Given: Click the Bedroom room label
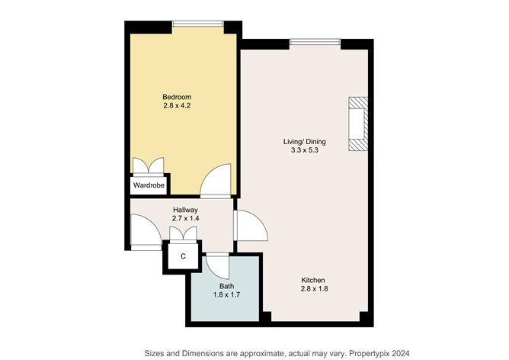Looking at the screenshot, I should click(177, 97).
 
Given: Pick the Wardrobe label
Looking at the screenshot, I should click(149, 185).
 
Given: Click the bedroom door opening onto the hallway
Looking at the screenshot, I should click(216, 180).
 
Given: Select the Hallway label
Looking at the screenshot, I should click(185, 210).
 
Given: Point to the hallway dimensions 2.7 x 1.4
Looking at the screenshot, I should click(185, 220).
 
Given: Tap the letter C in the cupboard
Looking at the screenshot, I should click(182, 257).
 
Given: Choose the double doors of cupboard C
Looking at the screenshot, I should click(182, 234).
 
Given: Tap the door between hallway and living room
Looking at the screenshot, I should click(248, 227).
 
